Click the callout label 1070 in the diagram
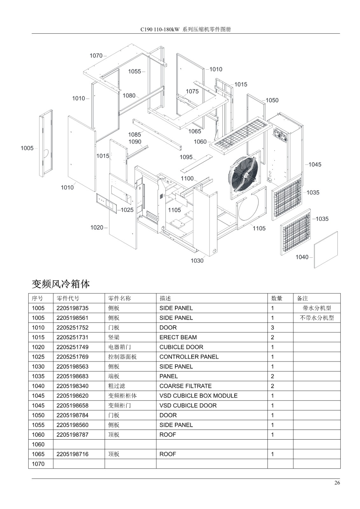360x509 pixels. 96,56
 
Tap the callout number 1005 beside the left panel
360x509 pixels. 27,148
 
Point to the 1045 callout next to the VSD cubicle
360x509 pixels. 315,164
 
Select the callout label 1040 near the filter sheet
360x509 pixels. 302,257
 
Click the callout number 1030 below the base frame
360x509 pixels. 197,261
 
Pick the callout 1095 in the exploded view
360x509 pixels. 186,157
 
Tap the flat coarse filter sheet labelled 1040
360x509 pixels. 326,250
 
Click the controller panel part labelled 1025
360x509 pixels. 106,203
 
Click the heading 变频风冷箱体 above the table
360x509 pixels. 61,284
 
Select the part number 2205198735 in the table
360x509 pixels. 72,308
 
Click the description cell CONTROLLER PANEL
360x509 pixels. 189,357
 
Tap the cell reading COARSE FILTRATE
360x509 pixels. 186,386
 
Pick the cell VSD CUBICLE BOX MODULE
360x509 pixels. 199,396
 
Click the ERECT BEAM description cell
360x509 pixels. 178,337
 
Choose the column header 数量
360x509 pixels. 277,298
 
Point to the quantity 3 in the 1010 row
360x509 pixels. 272,328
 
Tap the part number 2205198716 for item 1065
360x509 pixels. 72,454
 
